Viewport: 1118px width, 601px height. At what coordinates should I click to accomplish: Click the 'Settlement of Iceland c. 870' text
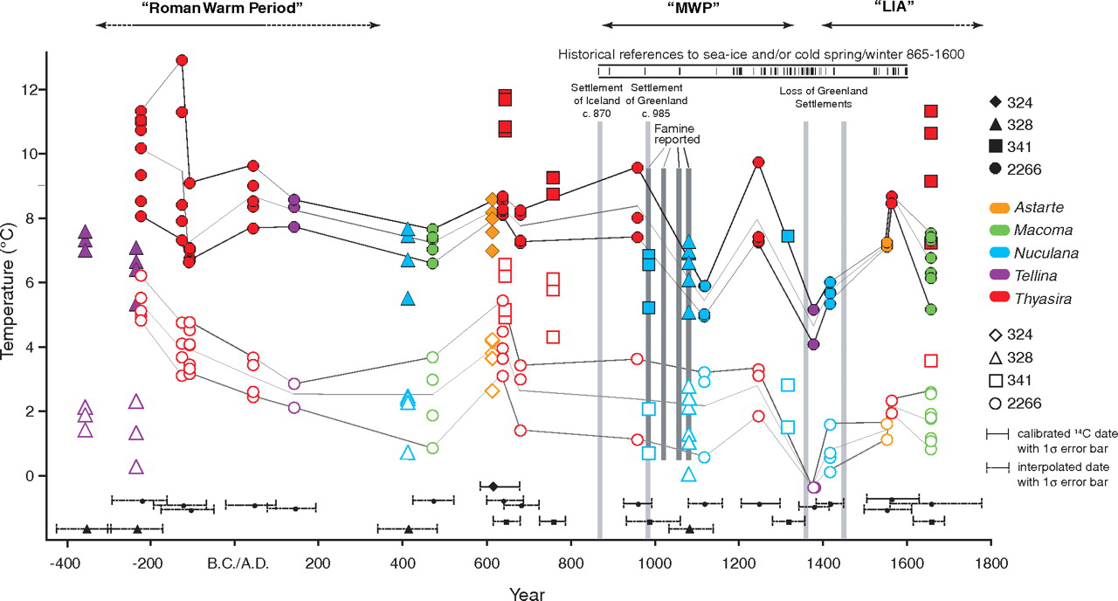pyautogui.click(x=597, y=100)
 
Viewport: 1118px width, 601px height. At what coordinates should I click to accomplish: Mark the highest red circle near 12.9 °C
pyautogui.click(x=183, y=60)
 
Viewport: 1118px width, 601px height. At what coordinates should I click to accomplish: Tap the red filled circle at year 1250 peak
pyautogui.click(x=758, y=162)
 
